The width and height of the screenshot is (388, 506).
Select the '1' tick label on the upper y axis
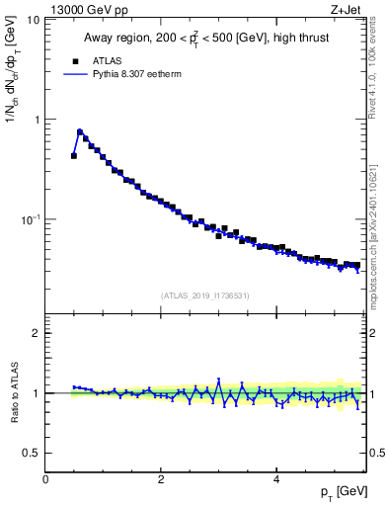37,120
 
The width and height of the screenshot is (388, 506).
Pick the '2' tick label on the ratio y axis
37,333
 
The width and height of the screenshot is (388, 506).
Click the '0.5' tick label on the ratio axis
31,453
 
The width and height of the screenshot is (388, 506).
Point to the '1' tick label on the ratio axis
37,393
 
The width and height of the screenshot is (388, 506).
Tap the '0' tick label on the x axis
45,478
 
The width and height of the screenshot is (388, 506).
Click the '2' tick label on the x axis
161,478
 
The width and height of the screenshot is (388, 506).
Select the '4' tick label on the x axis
275,478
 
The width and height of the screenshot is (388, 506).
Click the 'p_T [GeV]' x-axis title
342,492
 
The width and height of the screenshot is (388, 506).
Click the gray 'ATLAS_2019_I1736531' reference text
205,295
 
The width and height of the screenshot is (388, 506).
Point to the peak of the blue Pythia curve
80,130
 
